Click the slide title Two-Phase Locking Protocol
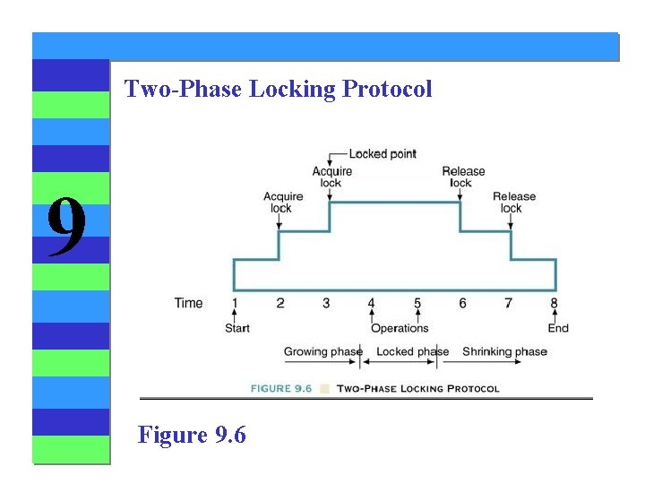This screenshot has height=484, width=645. pyautogui.click(x=278, y=89)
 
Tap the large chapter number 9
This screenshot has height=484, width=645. pyautogui.click(x=67, y=228)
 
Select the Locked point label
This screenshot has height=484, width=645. pyautogui.click(x=383, y=154)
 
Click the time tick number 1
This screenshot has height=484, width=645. pyautogui.click(x=235, y=303)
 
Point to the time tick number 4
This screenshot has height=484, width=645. pyautogui.click(x=372, y=303)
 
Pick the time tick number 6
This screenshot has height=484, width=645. pyautogui.click(x=462, y=303)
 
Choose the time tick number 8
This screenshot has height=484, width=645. pyautogui.click(x=555, y=303)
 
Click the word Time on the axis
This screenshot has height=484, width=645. pyautogui.click(x=188, y=303)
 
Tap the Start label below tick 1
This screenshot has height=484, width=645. pyautogui.click(x=237, y=328)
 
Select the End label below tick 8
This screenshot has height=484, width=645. pyautogui.click(x=558, y=328)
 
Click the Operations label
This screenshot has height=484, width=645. pyautogui.click(x=400, y=328)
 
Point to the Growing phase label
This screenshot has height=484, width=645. pyautogui.click(x=322, y=351)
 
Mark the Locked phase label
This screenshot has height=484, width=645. pyautogui.click(x=412, y=351)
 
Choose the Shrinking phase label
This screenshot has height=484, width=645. pyautogui.click(x=504, y=351)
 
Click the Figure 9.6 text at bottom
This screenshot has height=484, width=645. pyautogui.click(x=192, y=435)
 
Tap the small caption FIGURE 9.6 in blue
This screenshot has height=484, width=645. pyautogui.click(x=283, y=389)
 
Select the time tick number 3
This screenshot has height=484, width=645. pyautogui.click(x=326, y=303)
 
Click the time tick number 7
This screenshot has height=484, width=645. pyautogui.click(x=508, y=303)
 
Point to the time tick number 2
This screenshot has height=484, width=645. pyautogui.click(x=280, y=303)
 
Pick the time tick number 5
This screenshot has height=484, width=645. pyautogui.click(x=417, y=303)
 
